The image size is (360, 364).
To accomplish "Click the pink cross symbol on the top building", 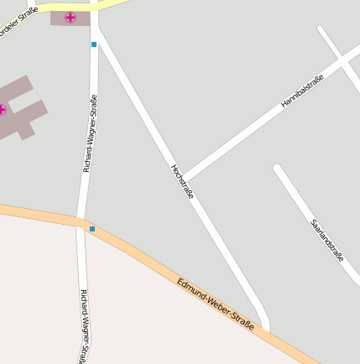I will (x=70, y=17).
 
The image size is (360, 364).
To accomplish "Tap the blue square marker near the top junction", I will (x=94, y=44).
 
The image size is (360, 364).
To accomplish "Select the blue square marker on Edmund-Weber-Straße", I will (x=92, y=228).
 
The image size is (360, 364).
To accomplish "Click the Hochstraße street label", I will (x=182, y=181).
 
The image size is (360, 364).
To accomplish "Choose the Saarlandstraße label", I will (x=326, y=241).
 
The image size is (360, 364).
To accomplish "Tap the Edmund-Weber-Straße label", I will (x=215, y=303).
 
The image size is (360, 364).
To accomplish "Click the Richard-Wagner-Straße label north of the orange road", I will (x=90, y=134).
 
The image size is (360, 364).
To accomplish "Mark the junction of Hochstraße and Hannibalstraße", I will (x=185, y=178).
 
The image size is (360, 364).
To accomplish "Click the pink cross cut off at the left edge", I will (x=2, y=109).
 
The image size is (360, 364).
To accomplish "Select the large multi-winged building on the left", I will (x=20, y=107).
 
